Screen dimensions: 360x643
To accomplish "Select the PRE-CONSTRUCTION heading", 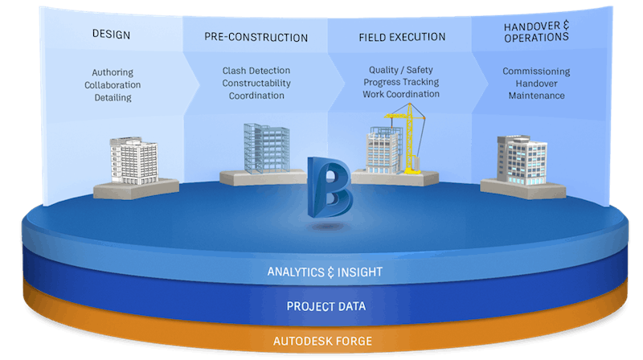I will click(x=256, y=37).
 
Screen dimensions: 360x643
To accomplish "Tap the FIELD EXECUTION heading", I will click(x=401, y=36).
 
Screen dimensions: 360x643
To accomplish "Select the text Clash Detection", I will click(x=256, y=71).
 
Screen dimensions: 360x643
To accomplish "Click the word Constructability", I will click(x=256, y=83).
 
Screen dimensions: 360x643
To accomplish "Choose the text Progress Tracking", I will click(x=401, y=82).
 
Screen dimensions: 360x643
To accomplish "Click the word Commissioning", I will click(x=536, y=71).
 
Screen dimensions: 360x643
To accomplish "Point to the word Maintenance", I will click(x=536, y=96).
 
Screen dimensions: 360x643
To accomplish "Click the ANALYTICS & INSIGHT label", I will click(x=324, y=272).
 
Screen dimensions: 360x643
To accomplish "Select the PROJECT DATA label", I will click(x=324, y=306).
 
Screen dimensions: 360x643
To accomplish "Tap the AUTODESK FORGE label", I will click(x=324, y=340).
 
